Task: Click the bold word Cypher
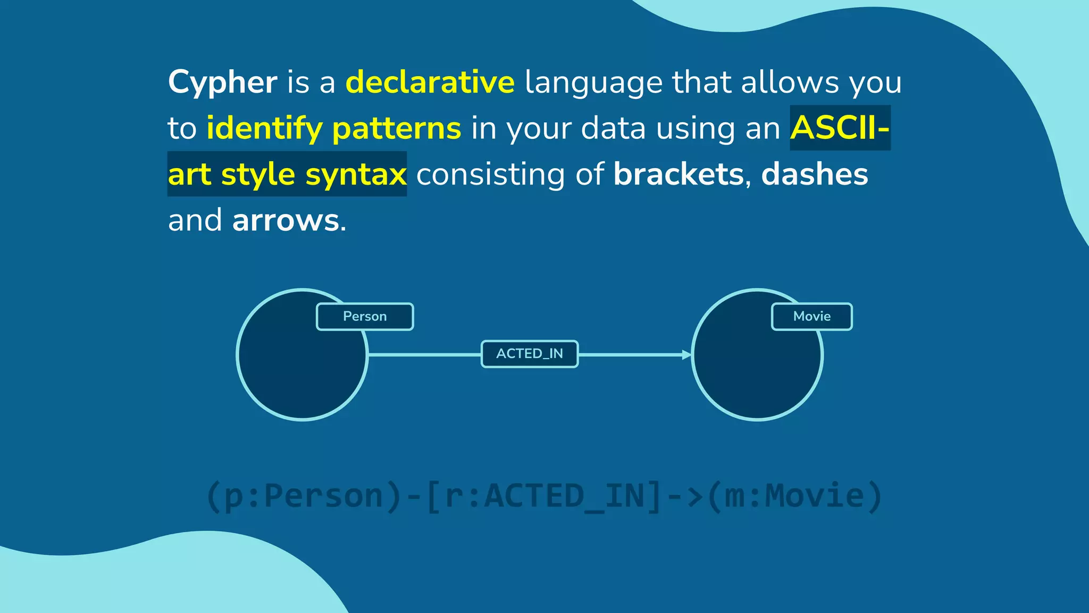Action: [222, 82]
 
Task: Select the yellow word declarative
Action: [430, 82]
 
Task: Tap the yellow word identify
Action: [264, 129]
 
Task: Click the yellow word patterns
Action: [396, 129]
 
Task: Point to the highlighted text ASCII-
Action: [839, 128]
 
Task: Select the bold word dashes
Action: [814, 175]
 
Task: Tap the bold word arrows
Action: [286, 220]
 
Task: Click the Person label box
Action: [365, 317]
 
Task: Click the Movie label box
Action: [811, 317]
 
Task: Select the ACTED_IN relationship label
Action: [530, 354]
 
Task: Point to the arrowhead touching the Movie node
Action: [686, 354]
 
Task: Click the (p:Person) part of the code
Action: [303, 496]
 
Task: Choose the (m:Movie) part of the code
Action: [794, 496]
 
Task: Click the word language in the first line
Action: [593, 82]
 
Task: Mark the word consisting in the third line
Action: [490, 175]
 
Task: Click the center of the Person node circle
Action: [302, 355]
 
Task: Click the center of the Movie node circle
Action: [757, 355]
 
